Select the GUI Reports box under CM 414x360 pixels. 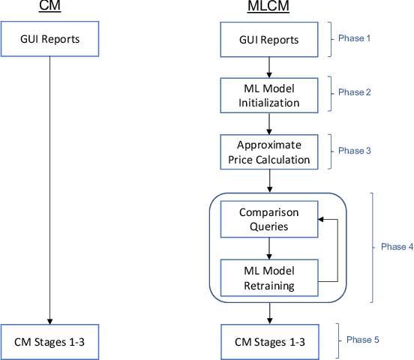pyautogui.click(x=49, y=39)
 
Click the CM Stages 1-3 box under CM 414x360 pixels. pyautogui.click(x=49, y=341)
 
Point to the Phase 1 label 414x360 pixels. pyautogui.click(x=355, y=38)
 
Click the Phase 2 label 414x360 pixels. pyautogui.click(x=355, y=92)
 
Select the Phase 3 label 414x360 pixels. pyautogui.click(x=355, y=151)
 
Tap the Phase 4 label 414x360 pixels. pyautogui.click(x=396, y=246)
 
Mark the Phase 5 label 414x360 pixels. pyautogui.click(x=362, y=340)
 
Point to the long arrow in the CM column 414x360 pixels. pyautogui.click(x=49, y=187)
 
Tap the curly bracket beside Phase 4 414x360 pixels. pyautogui.click(x=372, y=247)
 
